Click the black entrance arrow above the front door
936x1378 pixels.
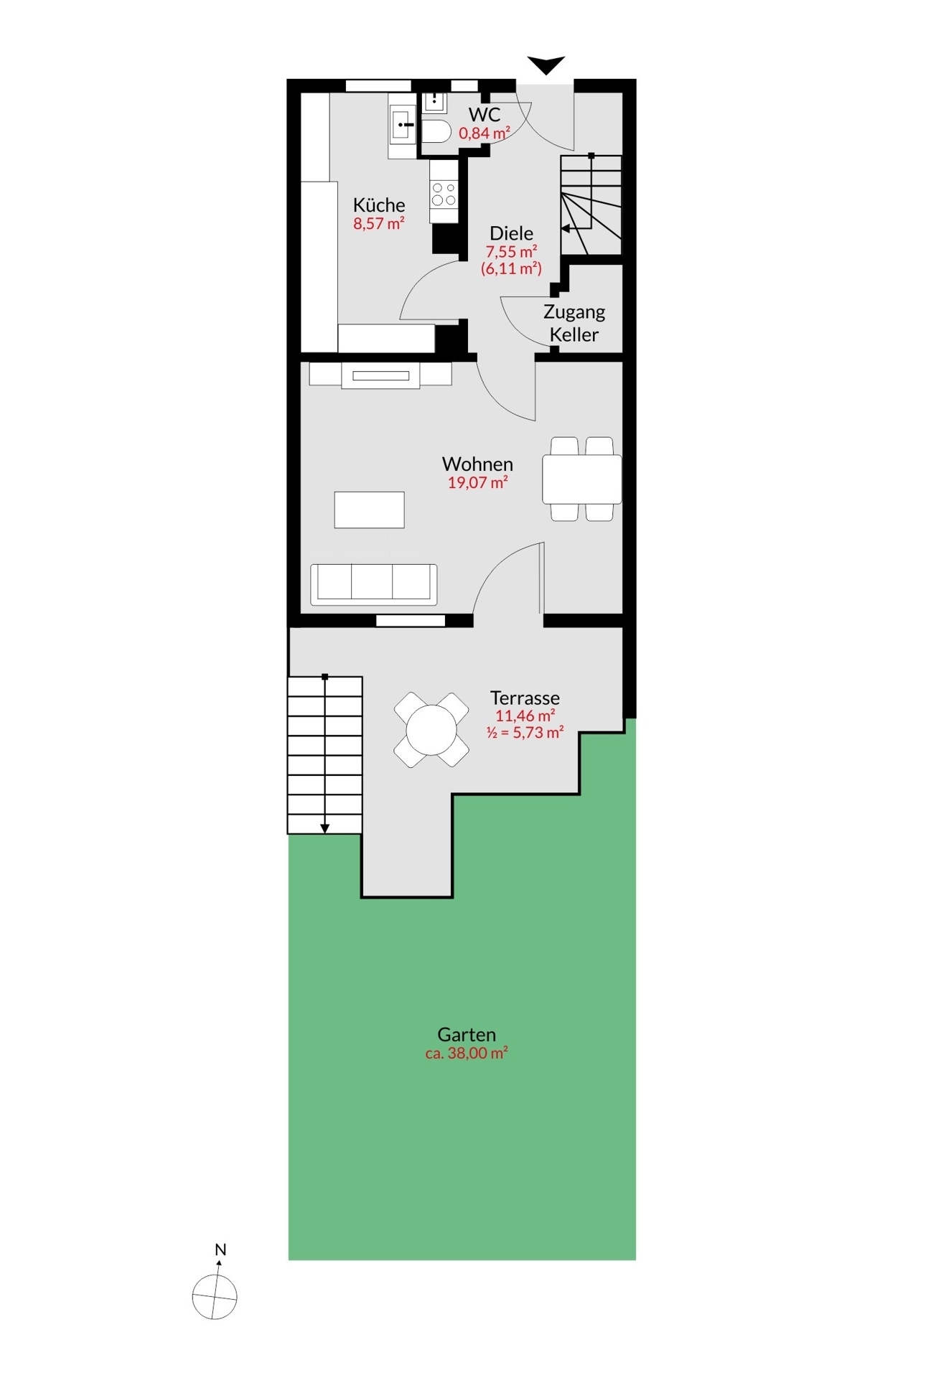click(x=546, y=65)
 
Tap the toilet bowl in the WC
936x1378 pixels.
click(x=436, y=131)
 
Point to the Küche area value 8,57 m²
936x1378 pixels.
click(x=378, y=223)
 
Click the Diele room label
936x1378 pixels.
click(x=511, y=233)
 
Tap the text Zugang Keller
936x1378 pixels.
click(x=574, y=323)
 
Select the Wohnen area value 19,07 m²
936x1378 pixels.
click(x=477, y=482)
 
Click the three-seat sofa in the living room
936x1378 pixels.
click(x=373, y=583)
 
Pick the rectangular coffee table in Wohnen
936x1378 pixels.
click(x=369, y=510)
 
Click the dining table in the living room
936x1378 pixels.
click(x=581, y=479)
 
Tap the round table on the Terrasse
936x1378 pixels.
click(x=431, y=730)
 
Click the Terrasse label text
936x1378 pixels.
click(x=525, y=698)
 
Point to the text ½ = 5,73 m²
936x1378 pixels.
click(x=525, y=733)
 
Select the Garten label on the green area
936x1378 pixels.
click(x=467, y=1034)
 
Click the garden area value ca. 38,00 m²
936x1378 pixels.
click(x=467, y=1053)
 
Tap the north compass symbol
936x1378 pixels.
click(x=215, y=1296)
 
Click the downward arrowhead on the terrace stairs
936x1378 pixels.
click(x=324, y=828)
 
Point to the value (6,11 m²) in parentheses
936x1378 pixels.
click(x=511, y=268)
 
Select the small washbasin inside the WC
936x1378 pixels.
click(x=434, y=102)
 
